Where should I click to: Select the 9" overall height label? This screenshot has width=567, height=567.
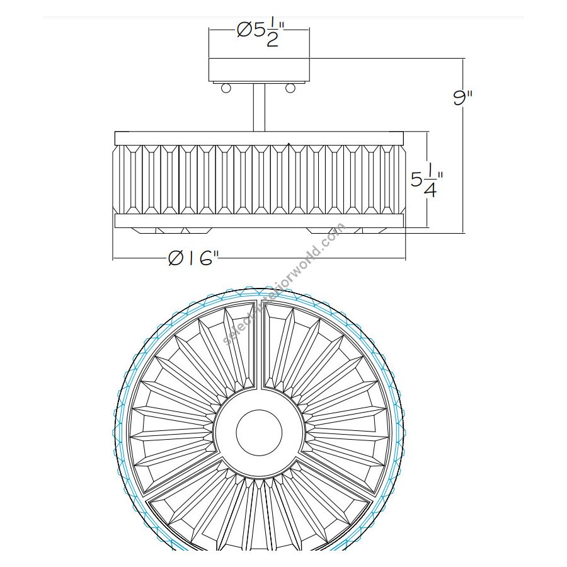pyautogui.click(x=463, y=98)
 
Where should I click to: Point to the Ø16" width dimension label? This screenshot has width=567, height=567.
pyautogui.click(x=193, y=258)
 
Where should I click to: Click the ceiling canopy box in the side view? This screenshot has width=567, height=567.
pyautogui.click(x=259, y=70)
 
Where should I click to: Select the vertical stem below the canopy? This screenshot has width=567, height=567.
pyautogui.click(x=259, y=107)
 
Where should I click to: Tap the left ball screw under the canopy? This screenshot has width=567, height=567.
pyautogui.click(x=226, y=88)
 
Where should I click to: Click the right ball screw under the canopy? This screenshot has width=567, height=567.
pyautogui.click(x=290, y=88)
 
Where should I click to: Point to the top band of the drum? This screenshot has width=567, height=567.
pyautogui.click(x=259, y=138)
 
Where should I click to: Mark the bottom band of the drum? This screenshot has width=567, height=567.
pyautogui.click(x=259, y=221)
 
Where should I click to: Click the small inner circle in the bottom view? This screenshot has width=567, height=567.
pyautogui.click(x=259, y=432)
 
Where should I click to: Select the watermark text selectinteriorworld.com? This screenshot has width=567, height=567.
pyautogui.click(x=285, y=284)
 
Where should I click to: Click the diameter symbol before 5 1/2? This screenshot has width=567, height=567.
pyautogui.click(x=244, y=30)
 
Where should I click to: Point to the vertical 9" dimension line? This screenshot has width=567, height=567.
pyautogui.click(x=463, y=146)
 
